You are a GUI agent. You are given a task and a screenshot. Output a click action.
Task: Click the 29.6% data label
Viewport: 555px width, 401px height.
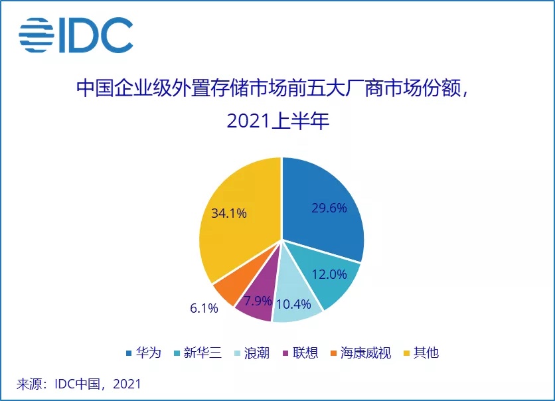click(329, 208)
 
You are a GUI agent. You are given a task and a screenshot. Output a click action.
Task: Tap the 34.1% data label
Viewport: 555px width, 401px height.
click(229, 213)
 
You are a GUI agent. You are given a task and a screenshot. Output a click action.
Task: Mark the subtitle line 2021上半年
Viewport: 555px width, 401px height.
click(277, 121)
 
